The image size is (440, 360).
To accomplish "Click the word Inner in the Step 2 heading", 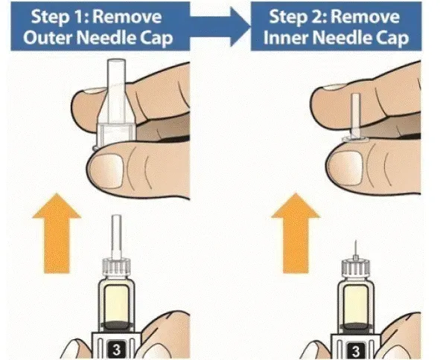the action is click(x=285, y=38).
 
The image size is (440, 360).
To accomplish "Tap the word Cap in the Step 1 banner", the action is click(x=156, y=39).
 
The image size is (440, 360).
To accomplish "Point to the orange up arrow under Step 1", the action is click(x=57, y=233).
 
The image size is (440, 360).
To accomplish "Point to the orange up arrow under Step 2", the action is click(x=296, y=233).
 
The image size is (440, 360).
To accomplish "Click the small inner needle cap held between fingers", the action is click(x=355, y=118).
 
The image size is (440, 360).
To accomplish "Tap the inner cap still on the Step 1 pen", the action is click(x=116, y=237).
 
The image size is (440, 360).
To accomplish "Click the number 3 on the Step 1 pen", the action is click(x=116, y=350).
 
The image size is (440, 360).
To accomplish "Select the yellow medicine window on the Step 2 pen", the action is click(x=356, y=304).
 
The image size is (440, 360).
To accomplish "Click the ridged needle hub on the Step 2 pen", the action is click(x=356, y=268).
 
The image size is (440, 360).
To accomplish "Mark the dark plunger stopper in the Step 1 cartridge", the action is click(x=117, y=325).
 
